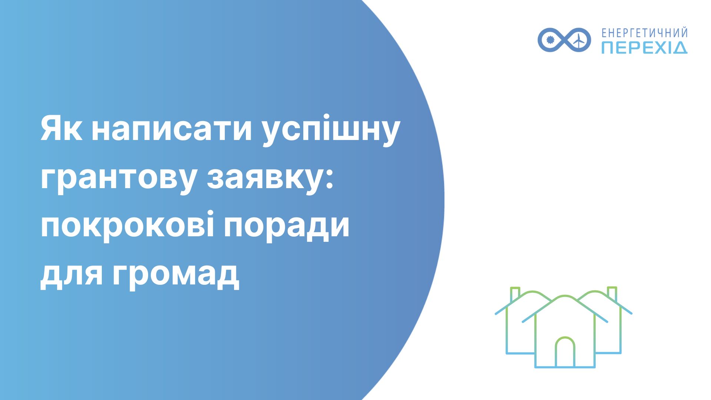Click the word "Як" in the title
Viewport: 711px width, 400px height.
pyautogui.click(x=61, y=129)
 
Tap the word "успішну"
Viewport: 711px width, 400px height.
pyautogui.click(x=331, y=133)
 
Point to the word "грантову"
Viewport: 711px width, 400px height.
pyautogui.click(x=118, y=180)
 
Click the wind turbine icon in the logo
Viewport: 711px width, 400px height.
pyautogui.click(x=578, y=39)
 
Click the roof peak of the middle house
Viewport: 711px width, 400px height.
pyautogui.click(x=565, y=296)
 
